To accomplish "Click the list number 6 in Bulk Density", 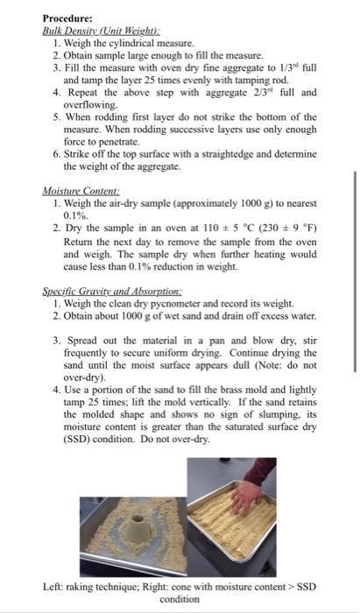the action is point(55,153).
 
